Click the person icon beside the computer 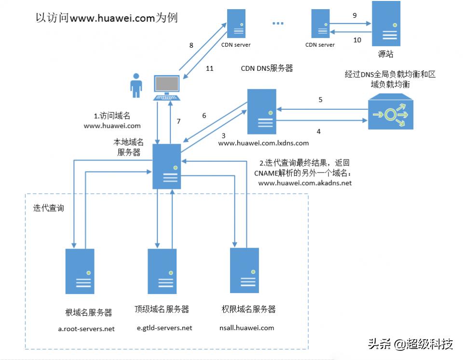pos(136,86)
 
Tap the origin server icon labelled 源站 pos(385,23)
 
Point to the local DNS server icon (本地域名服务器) pos(166,166)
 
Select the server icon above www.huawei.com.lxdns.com pos(261,111)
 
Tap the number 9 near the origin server pos(355,15)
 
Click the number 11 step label pos(209,68)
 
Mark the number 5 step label pos(320,100)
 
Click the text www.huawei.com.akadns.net pos(305,183)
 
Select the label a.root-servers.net pos(86,329)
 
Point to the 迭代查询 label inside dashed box pos(48,208)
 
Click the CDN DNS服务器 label pos(267,68)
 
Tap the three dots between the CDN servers pos(278,23)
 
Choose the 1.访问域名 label pos(111,116)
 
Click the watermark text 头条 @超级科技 pos(410,344)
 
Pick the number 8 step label pos(191,45)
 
